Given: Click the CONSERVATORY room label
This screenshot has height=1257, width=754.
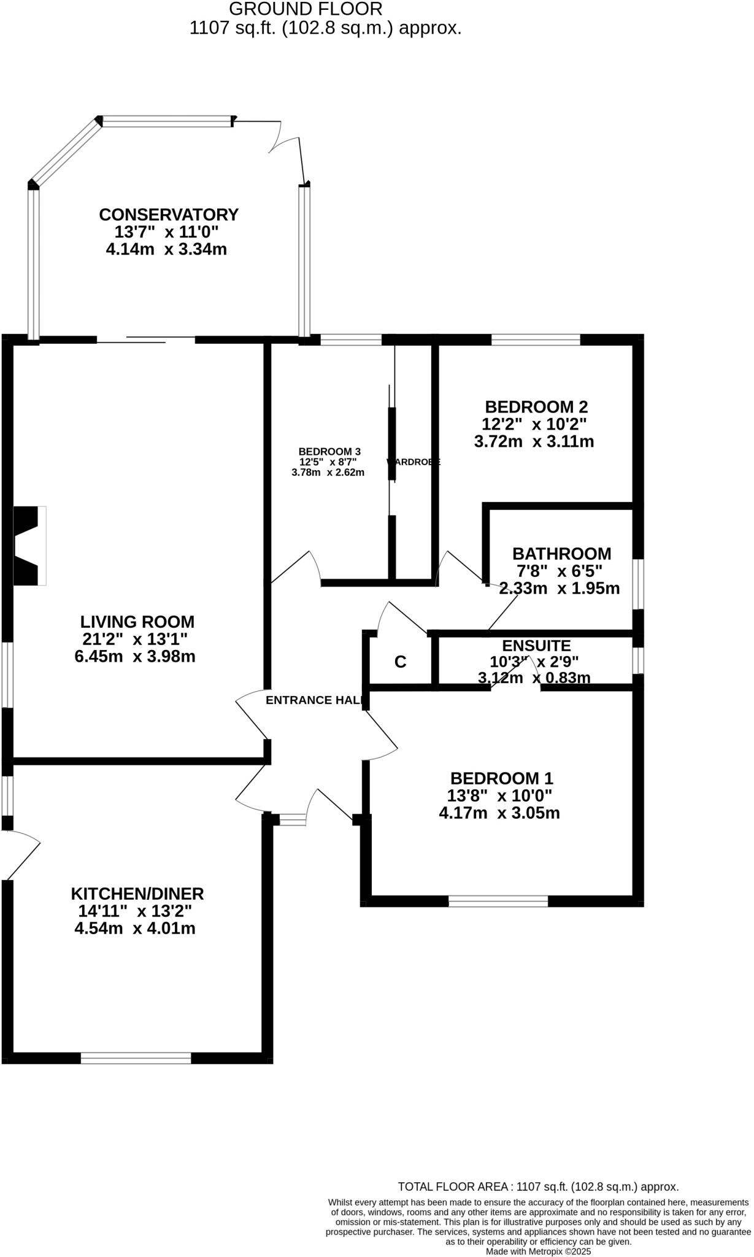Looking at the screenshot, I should click(x=168, y=215).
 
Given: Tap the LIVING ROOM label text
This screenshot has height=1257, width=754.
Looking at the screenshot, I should click(x=137, y=622).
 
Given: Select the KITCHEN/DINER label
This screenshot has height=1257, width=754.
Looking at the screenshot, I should click(x=137, y=894).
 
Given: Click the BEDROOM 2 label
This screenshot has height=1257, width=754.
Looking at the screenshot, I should click(x=536, y=407).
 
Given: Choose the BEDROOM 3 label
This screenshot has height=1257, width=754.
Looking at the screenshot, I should click(x=329, y=451).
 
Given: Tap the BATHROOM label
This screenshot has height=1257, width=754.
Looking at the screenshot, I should click(x=561, y=554).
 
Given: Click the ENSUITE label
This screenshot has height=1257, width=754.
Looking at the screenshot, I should click(x=536, y=646).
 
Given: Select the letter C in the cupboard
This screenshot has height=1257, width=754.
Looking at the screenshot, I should click(x=400, y=662).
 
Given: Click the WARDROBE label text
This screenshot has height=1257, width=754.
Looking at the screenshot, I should click(x=414, y=462).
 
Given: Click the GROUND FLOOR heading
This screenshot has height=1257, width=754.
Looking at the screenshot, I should click(x=306, y=9).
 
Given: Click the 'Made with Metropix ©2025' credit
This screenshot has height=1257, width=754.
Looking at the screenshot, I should click(x=538, y=1251).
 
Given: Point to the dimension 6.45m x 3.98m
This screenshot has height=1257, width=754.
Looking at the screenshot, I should click(x=135, y=657).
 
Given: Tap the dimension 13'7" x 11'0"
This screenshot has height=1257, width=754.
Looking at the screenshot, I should click(x=166, y=232).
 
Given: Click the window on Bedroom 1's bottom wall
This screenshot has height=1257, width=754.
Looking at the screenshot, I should click(x=498, y=901).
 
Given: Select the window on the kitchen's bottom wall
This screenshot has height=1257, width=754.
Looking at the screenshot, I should click(x=136, y=1058).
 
